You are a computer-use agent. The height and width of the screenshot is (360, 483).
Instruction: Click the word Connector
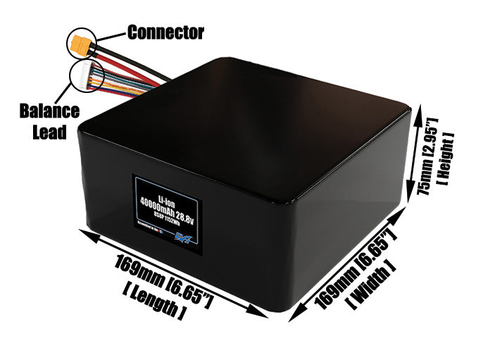165,32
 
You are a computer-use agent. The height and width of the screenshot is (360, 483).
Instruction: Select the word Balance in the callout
49,111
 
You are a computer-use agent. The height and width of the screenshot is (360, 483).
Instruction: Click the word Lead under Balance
49,132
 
